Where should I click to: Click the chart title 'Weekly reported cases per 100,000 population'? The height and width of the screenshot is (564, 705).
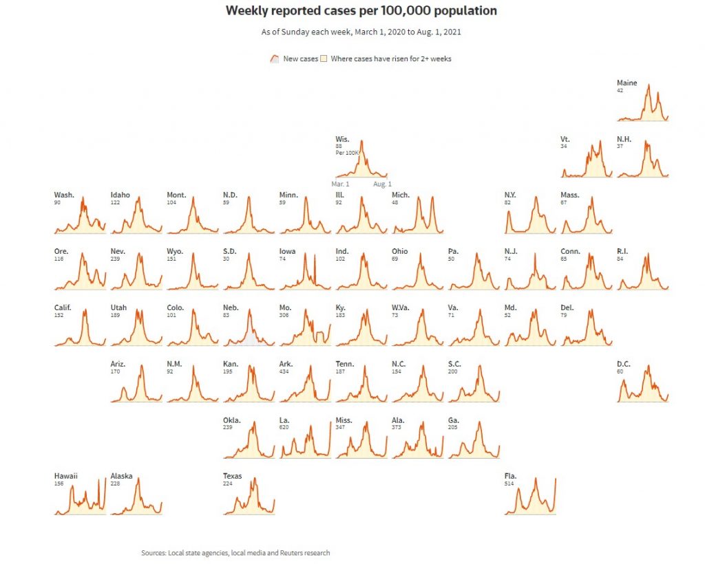[x=361, y=11]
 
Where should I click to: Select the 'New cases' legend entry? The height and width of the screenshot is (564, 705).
[x=300, y=59]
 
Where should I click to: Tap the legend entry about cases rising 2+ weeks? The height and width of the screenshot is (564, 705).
[x=390, y=59]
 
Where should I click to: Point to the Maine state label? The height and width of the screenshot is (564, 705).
[x=627, y=83]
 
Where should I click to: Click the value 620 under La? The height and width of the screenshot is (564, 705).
[x=284, y=428]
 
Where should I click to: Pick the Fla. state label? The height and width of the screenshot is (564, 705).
[x=510, y=476]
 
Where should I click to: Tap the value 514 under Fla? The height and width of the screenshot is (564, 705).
[x=509, y=484]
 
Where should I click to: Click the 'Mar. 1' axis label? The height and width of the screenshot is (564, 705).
[x=340, y=184]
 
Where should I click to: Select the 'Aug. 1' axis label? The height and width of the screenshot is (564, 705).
[x=382, y=184]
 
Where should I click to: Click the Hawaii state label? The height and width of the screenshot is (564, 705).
[x=66, y=476]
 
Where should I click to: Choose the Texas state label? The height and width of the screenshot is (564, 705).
[x=232, y=476]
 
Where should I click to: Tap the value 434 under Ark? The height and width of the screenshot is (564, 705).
[x=284, y=371]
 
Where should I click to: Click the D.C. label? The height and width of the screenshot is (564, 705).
[x=624, y=364]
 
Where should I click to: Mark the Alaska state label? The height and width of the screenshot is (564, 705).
[x=121, y=476]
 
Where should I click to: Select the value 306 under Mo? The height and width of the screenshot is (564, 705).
[x=284, y=315]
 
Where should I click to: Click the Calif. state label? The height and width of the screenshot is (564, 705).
[x=63, y=307]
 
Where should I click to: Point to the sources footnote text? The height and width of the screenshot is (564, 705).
[x=235, y=553]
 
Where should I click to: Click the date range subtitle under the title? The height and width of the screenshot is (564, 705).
[x=361, y=32]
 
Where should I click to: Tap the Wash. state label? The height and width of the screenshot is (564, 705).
[x=64, y=195]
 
